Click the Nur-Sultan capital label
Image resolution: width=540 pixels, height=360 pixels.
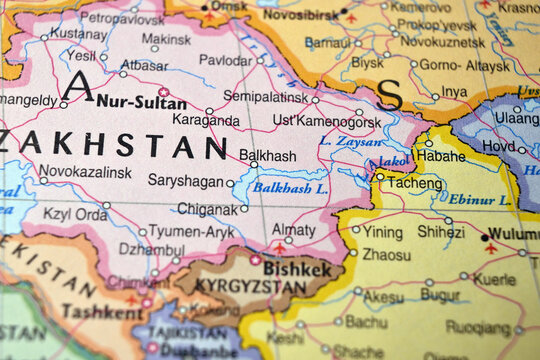point(141,103)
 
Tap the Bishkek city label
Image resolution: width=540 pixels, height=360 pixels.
point(297,269)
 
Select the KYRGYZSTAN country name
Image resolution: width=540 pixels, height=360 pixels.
point(237,287)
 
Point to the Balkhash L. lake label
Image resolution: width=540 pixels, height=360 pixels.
point(289,187)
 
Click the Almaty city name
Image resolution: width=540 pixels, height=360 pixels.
point(293,229)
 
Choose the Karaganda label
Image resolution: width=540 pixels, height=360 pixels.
point(206,121)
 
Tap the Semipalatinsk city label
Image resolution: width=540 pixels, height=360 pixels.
point(265,96)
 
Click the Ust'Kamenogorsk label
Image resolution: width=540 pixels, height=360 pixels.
point(327,122)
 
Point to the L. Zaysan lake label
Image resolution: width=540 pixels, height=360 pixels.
point(350,142)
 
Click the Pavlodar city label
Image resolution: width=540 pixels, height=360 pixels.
point(225,60)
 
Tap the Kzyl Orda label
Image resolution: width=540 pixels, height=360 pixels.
point(75,214)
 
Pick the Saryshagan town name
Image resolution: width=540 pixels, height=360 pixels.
point(185,181)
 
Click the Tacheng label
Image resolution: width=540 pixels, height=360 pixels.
point(414,184)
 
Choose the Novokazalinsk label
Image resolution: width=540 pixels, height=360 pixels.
point(85,172)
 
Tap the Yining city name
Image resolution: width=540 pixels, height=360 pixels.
point(382,231)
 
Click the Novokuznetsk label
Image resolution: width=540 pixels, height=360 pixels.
point(443,42)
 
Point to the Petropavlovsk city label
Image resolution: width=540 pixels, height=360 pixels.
point(121,17)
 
